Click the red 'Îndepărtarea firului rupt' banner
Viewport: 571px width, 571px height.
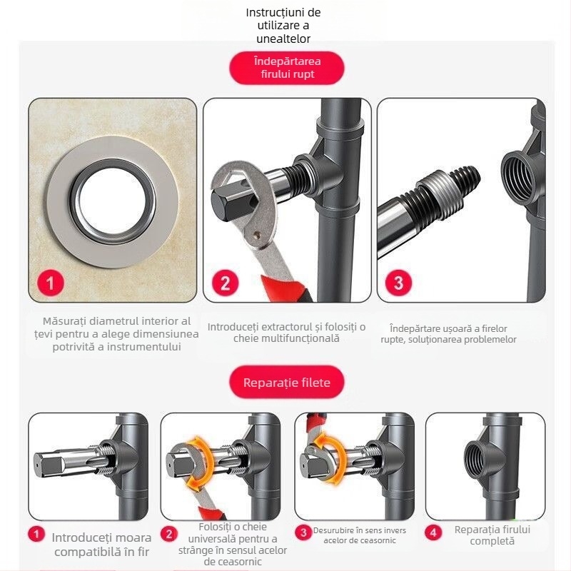click(x=287, y=68)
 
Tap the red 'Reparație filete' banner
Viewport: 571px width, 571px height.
click(x=286, y=383)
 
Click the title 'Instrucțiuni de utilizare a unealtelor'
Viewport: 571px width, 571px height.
click(x=283, y=26)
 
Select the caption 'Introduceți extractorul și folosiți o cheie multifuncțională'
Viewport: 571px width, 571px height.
click(x=286, y=333)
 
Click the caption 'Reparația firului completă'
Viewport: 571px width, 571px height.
click(x=492, y=535)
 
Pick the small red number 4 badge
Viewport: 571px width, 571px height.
click(x=433, y=532)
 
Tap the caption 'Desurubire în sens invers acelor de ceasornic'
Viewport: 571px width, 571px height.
click(x=360, y=535)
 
